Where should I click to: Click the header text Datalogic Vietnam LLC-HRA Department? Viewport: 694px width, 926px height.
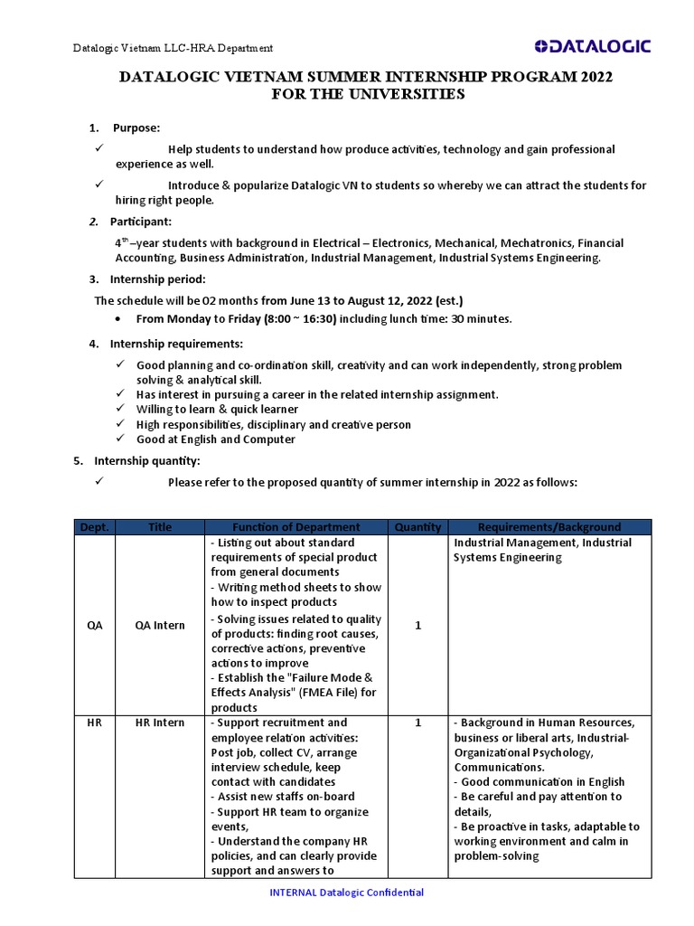(173, 48)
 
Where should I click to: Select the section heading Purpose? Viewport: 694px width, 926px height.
(136, 128)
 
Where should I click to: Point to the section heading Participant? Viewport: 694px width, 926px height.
(140, 222)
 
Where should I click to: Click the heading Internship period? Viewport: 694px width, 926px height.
(157, 279)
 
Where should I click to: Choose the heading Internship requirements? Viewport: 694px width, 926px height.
(175, 344)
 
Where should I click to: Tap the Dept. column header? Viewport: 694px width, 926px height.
(94, 526)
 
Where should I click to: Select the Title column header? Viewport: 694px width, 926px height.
(159, 526)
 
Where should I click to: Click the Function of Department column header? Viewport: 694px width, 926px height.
(295, 526)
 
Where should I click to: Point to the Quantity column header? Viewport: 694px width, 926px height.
(417, 526)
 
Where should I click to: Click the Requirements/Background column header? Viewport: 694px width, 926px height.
(549, 526)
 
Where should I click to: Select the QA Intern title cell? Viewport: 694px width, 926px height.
(159, 625)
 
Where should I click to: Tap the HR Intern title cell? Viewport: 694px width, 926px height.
(159, 723)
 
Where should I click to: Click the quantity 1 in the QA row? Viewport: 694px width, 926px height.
(417, 625)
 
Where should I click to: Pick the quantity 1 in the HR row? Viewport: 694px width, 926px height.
(417, 723)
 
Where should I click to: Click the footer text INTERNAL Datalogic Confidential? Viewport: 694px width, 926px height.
(347, 893)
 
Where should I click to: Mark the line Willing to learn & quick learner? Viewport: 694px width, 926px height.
(217, 410)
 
